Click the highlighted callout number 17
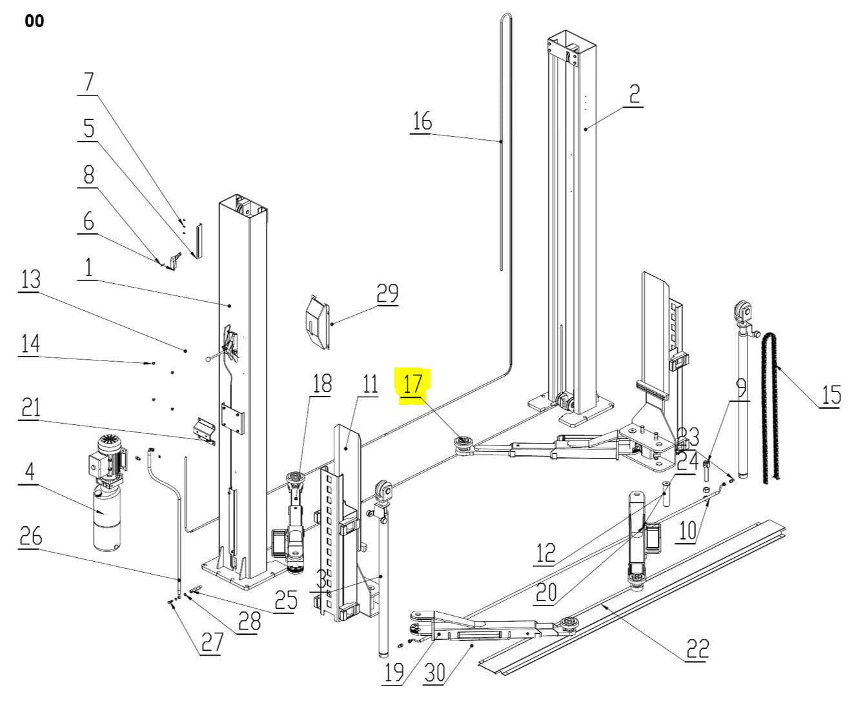pyautogui.click(x=412, y=384)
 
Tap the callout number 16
pyautogui.click(x=422, y=121)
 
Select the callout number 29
pyautogui.click(x=387, y=293)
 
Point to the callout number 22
pyautogui.click(x=697, y=649)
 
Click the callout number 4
pyautogui.click(x=30, y=471)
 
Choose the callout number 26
pyautogui.click(x=31, y=537)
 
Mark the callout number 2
pyautogui.click(x=634, y=94)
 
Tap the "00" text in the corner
pyautogui.click(x=34, y=21)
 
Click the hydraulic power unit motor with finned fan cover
pyautogui.click(x=108, y=457)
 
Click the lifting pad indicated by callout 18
pyautogui.click(x=295, y=481)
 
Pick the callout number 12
pyautogui.click(x=545, y=553)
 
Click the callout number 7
pyautogui.click(x=88, y=82)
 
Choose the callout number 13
pyautogui.click(x=31, y=279)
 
